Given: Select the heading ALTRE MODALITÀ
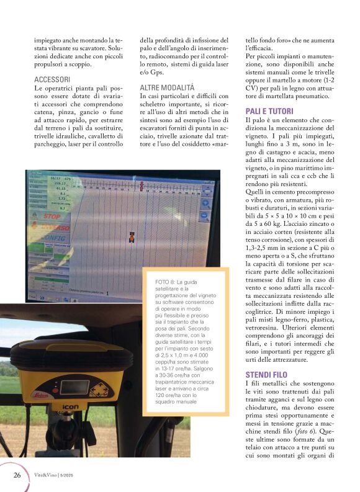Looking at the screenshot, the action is point(167,88).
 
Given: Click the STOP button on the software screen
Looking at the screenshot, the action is point(51,217).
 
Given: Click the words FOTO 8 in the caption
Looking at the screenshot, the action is point(163,282).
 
